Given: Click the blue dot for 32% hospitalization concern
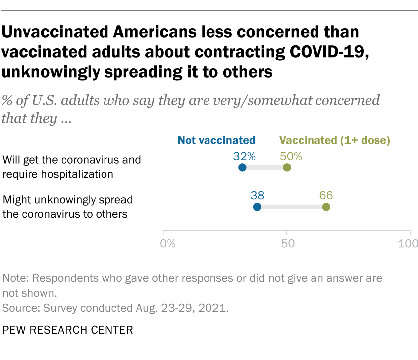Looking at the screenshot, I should point(242,168).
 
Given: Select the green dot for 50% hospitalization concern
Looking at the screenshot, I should point(287,168).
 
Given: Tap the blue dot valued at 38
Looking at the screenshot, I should point(257,207).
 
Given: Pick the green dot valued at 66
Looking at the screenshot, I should point(326,207).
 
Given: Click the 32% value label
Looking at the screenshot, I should point(244,156).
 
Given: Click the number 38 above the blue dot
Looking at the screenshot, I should point(257,195).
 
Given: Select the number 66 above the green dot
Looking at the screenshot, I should point(326,195).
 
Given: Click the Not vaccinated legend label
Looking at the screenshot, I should point(216,140).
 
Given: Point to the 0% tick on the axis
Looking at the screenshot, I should point(168,243).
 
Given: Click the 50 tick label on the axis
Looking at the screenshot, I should point(288,243).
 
